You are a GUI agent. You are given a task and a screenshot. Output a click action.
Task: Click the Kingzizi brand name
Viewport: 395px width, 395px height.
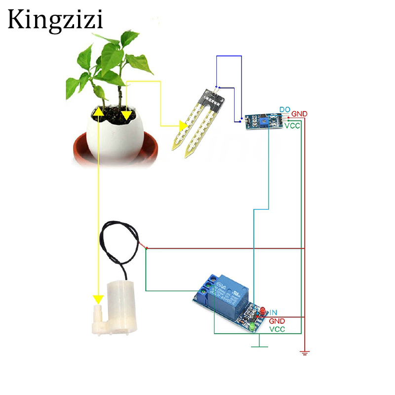[55, 20]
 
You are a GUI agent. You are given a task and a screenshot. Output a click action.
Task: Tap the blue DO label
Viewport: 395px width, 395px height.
[284, 109]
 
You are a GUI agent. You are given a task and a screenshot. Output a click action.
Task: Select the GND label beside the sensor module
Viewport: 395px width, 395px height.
[299, 114]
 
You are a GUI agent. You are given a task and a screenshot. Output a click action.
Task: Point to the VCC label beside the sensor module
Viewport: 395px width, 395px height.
[293, 126]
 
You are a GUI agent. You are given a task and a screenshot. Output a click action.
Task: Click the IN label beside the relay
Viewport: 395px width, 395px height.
[273, 312]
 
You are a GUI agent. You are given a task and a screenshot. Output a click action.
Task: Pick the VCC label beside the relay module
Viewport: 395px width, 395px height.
[277, 329]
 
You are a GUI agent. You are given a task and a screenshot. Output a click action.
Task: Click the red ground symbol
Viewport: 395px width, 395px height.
[305, 352]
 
